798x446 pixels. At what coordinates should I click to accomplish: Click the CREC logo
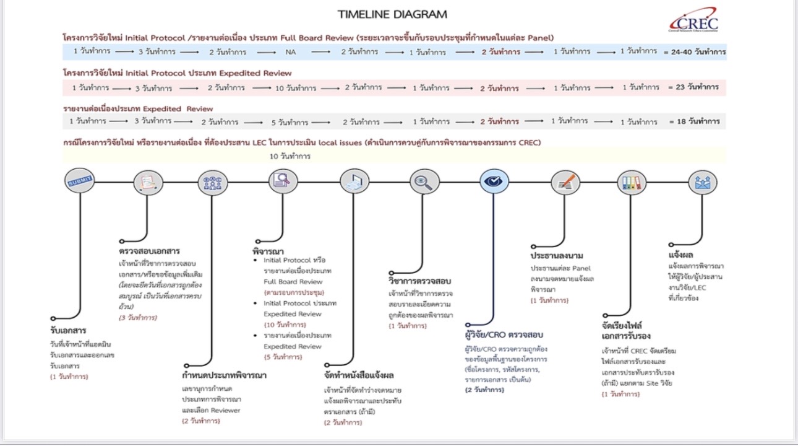(693, 20)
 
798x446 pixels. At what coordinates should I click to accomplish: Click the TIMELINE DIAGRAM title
(392, 14)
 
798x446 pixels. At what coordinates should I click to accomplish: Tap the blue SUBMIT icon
(79, 181)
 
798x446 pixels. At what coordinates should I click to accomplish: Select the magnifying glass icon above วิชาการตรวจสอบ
(424, 181)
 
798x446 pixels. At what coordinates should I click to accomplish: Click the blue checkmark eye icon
(494, 181)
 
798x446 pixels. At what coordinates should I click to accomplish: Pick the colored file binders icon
(632, 182)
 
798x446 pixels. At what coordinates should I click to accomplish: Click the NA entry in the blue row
(291, 52)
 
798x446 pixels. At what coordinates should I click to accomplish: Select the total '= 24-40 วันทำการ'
(694, 52)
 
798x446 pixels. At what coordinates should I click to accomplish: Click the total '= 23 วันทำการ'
(693, 87)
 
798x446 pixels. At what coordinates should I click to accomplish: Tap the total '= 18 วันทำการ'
(693, 122)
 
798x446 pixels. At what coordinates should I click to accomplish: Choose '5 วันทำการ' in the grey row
(293, 122)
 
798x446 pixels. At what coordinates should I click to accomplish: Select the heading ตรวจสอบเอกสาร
(149, 251)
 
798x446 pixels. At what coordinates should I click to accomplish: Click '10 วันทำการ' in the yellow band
(290, 157)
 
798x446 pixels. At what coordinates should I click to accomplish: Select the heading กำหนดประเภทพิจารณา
(225, 375)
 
